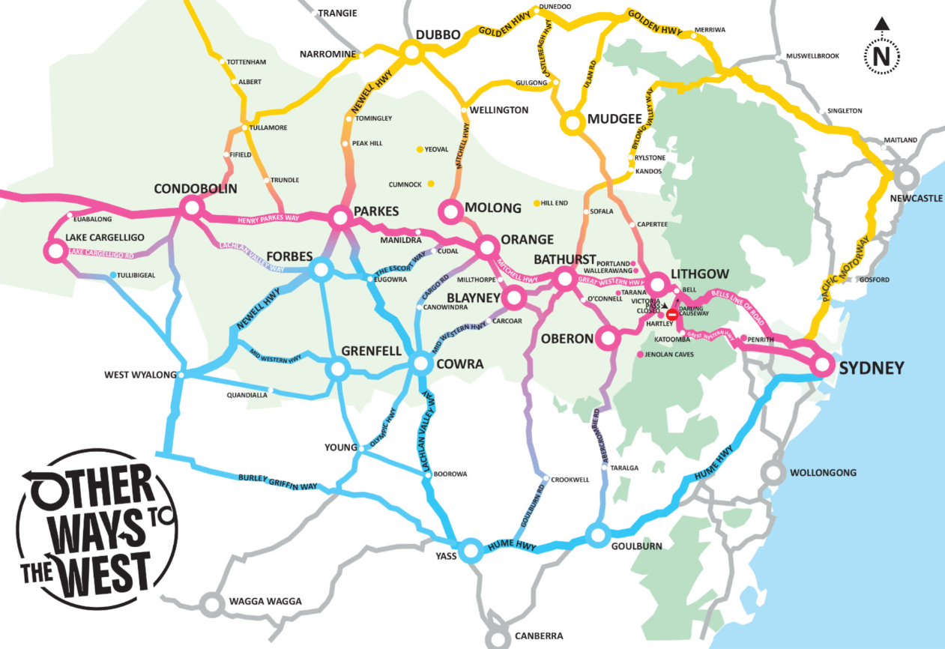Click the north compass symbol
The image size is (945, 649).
(x=882, y=49)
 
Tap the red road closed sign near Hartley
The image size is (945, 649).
(x=671, y=316)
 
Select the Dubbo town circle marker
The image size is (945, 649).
(x=411, y=52)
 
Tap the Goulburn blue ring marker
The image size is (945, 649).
(x=597, y=535)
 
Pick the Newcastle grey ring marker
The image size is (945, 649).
(x=907, y=178)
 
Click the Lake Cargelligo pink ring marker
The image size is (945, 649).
(x=55, y=250)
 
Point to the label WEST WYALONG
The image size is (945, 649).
(x=139, y=375)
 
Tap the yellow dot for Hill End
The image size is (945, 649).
(x=536, y=203)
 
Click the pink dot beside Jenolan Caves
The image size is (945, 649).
(x=639, y=354)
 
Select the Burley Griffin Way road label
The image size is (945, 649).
(x=277, y=481)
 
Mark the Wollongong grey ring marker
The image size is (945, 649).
(x=774, y=473)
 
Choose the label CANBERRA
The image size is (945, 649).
(x=538, y=636)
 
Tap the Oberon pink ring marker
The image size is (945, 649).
(x=608, y=339)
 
